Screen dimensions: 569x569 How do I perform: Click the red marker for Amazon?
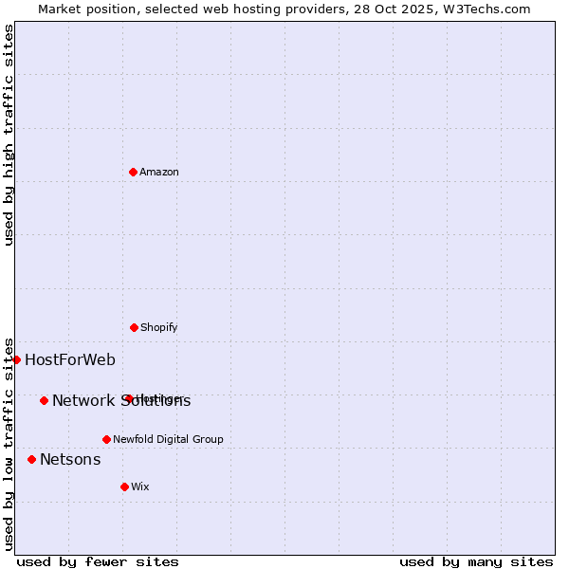coord(133,172)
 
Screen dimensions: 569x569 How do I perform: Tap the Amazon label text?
coord(158,172)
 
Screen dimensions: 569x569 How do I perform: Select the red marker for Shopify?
coord(134,327)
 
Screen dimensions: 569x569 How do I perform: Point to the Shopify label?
coord(158,327)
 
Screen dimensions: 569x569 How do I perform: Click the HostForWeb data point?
coord(16,359)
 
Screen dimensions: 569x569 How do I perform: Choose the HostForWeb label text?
coord(70,359)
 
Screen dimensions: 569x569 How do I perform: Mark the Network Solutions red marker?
coord(44,400)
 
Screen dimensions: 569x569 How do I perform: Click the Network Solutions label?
coord(120,400)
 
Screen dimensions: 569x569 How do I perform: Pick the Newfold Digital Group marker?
coord(106,439)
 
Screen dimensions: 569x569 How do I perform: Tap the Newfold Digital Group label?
coord(168,439)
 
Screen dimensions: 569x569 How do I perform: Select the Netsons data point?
coord(31,459)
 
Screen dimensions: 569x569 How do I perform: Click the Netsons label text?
coord(70,460)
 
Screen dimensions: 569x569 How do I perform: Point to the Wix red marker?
coord(124,486)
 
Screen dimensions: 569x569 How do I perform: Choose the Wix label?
coord(139,486)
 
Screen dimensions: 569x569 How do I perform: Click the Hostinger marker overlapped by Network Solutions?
coord(128,398)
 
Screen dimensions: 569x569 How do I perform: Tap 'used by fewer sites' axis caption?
coord(98,561)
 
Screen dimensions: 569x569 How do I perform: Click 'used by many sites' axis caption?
coord(476,561)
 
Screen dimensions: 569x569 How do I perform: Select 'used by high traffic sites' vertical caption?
coord(9,135)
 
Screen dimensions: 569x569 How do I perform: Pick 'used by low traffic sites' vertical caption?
coord(9,444)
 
